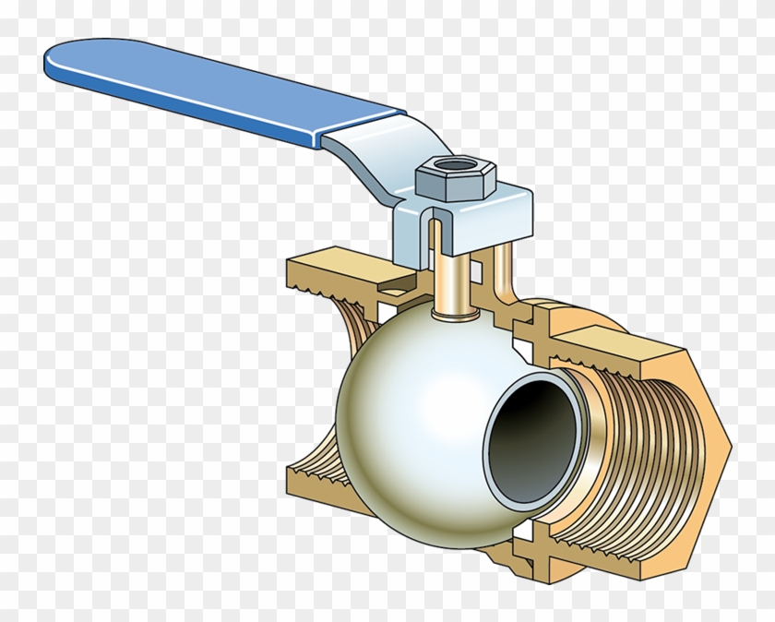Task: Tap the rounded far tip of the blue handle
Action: (x=55, y=59)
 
